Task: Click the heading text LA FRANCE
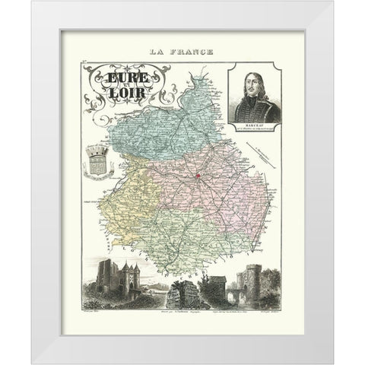[182, 52]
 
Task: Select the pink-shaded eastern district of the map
[228, 198]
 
